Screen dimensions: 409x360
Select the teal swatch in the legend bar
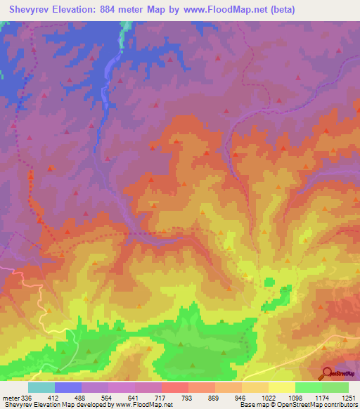pyautogui.click(x=41, y=387)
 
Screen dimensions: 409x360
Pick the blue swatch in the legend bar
pyautogui.click(x=68, y=387)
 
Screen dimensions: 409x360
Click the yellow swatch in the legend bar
pyautogui.click(x=282, y=387)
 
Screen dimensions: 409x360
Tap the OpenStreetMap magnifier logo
pyautogui.click(x=328, y=373)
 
